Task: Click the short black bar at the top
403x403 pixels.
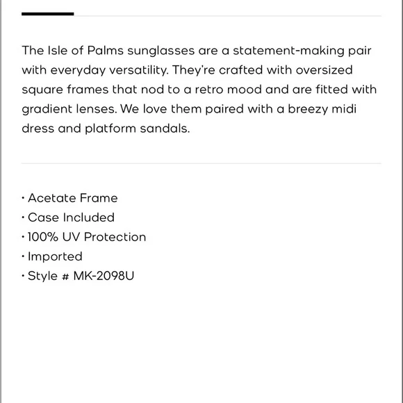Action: tap(47, 14)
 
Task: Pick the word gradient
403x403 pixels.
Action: tap(46, 110)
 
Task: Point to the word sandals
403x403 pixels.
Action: tap(166, 129)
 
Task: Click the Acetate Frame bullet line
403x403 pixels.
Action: tap(72, 198)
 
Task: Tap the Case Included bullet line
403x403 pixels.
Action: tap(71, 217)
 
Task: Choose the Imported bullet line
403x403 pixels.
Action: tap(55, 256)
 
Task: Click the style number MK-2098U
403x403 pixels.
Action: tap(104, 276)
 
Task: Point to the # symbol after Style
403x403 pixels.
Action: tap(65, 276)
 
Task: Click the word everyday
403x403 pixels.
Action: tap(76, 71)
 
